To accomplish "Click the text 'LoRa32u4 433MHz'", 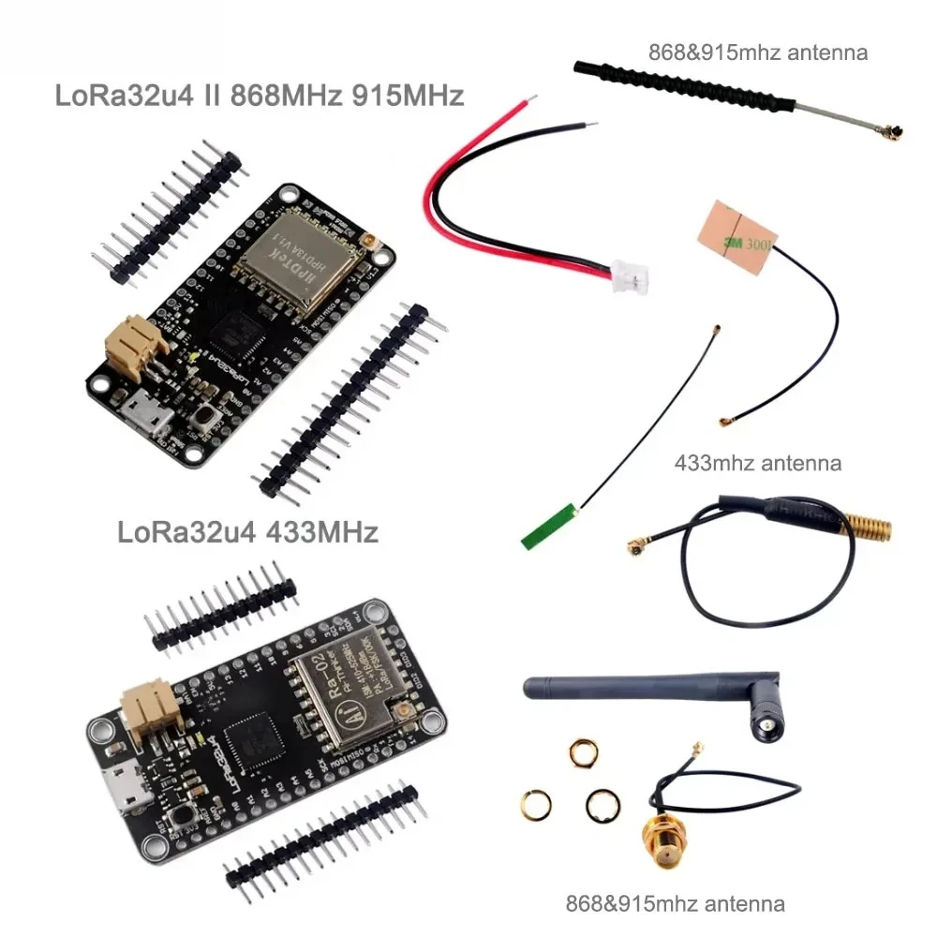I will click(x=248, y=532).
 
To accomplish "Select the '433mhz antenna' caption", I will click(x=758, y=462).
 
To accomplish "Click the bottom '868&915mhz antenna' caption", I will click(x=675, y=904).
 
